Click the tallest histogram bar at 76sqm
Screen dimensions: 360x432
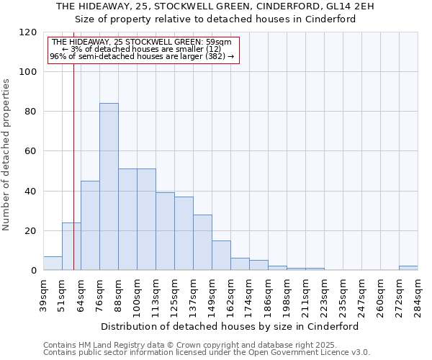[109, 187]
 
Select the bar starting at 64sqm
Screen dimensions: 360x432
[90, 225]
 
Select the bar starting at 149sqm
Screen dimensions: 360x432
[221, 256]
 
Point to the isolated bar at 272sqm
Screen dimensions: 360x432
[408, 268]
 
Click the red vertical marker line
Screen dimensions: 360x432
[73, 180]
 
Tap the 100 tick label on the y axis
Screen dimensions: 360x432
[28, 72]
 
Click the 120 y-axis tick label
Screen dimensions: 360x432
[28, 32]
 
